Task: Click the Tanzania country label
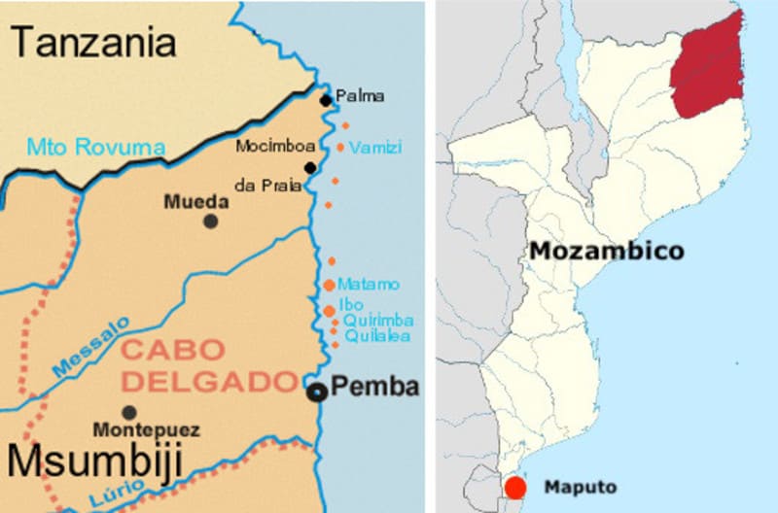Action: (94, 42)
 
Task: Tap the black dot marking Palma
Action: (326, 100)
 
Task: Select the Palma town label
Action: (360, 96)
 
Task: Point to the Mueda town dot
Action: (211, 222)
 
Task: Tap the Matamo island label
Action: (369, 284)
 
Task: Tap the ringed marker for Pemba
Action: (317, 393)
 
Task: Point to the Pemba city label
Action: (375, 387)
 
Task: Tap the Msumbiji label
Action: (92, 463)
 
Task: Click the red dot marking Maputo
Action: (515, 487)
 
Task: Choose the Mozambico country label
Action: (606, 251)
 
